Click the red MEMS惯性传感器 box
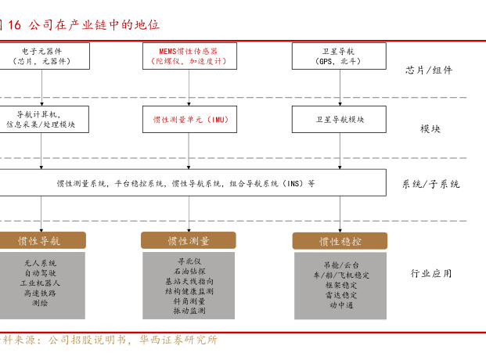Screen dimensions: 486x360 click(189, 56)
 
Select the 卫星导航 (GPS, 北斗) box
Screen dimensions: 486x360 click(339, 56)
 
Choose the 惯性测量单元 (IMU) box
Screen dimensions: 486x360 click(189, 120)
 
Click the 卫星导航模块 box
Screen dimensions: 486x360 click(339, 120)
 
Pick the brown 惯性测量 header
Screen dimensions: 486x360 click(189, 240)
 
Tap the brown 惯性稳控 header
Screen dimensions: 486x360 click(340, 241)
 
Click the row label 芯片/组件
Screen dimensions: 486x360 click(429, 70)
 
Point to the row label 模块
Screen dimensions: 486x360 click(430, 128)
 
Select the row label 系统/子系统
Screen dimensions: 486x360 click(431, 184)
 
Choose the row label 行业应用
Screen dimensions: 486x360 click(431, 273)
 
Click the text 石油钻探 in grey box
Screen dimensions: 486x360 click(189, 272)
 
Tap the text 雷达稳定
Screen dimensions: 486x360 click(341, 295)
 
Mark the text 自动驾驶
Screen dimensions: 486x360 click(40, 273)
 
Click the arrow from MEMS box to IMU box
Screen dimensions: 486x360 click(189, 88)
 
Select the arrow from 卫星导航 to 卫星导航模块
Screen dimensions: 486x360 click(340, 88)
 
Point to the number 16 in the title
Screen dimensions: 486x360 click(14, 25)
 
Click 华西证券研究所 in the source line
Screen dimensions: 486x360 click(178, 340)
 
